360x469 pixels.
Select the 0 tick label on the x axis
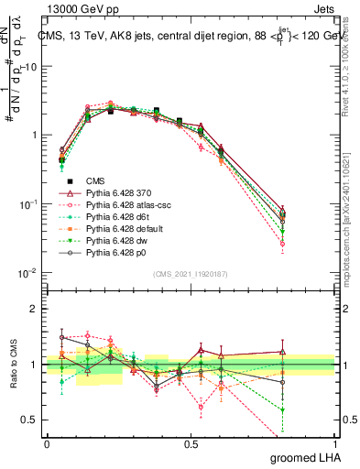tap(47, 443)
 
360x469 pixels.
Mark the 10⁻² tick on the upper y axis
tap(28, 272)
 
